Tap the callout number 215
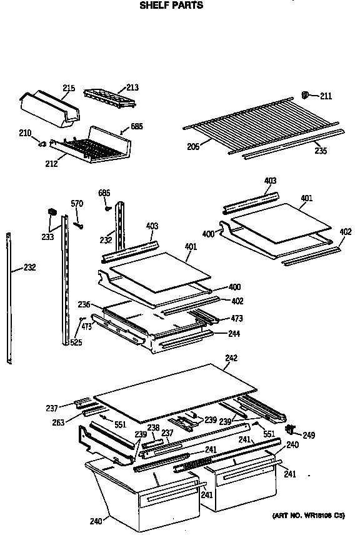click(x=68, y=88)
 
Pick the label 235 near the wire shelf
click(x=320, y=150)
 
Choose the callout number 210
click(x=26, y=132)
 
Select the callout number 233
click(x=47, y=237)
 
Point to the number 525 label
click(x=76, y=342)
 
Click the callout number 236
click(x=84, y=304)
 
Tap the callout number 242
click(x=231, y=359)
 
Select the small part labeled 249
click(x=290, y=429)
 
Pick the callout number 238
click(x=153, y=428)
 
